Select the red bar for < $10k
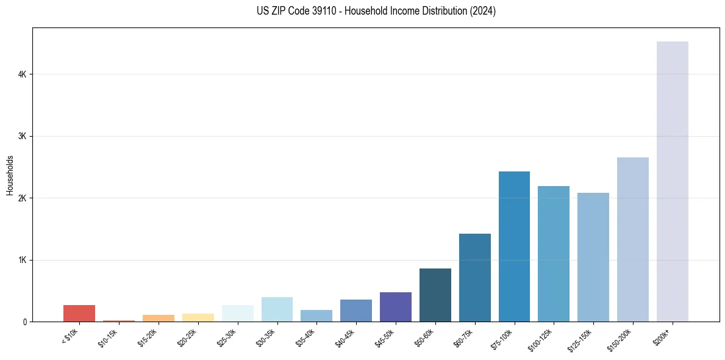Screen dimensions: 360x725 (79, 313)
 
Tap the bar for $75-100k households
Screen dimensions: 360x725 (514, 247)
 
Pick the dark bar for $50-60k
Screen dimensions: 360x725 (435, 295)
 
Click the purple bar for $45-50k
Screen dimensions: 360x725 (395, 307)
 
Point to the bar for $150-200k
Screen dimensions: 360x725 (632, 239)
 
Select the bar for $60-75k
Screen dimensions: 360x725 (474, 278)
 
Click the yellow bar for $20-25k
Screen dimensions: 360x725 (198, 317)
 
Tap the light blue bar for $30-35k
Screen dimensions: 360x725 (277, 309)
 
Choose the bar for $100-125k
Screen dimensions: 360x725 (554, 254)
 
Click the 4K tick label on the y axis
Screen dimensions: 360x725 (22, 74)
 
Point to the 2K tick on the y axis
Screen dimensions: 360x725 (22, 198)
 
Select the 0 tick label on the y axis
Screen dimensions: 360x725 (24, 322)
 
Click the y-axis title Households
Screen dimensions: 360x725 (10, 175)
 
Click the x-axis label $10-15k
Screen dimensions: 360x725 (108, 337)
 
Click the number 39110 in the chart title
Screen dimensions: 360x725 (312, 11)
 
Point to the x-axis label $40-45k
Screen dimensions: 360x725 (345, 337)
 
